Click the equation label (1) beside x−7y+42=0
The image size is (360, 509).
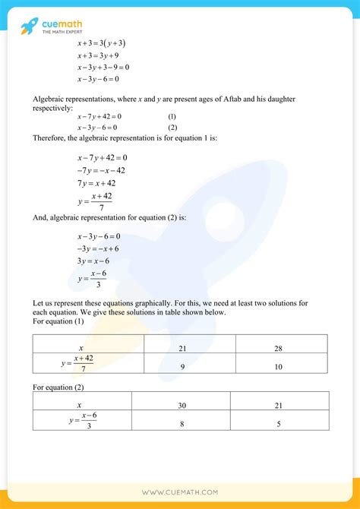point(172,116)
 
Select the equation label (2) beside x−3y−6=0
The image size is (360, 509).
point(172,127)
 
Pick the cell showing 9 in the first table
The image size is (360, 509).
point(182,366)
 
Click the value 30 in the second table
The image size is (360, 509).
point(182,406)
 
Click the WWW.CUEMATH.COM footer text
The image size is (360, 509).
point(180,492)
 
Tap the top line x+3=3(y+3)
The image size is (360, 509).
point(101,43)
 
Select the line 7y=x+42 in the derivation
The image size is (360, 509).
point(97,183)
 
